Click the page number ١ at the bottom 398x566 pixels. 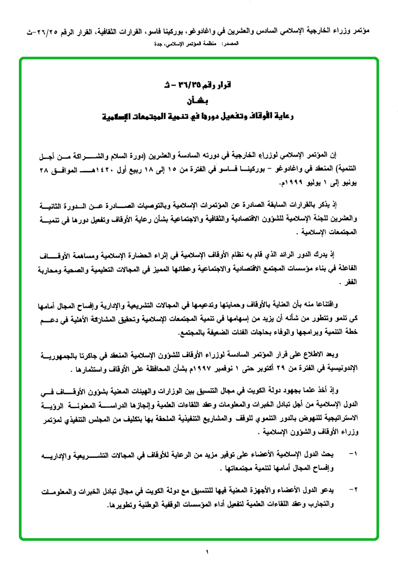point(207,552)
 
